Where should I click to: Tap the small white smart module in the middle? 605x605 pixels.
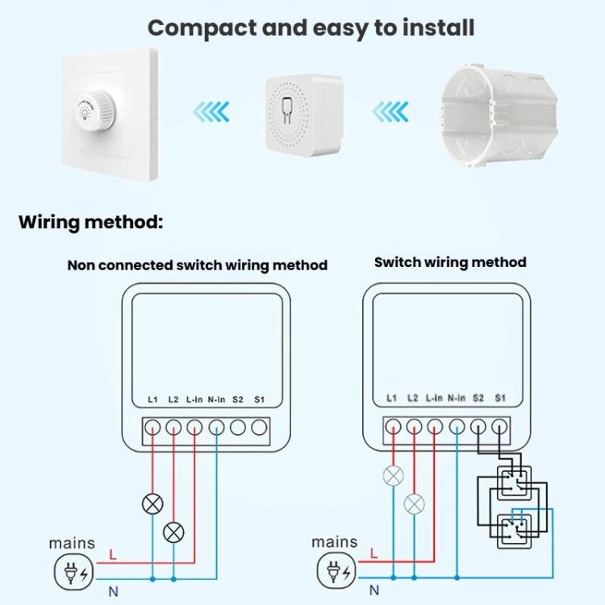pos(304,112)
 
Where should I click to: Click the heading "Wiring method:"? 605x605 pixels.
pos(90,222)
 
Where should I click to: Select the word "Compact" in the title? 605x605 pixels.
pos(202,28)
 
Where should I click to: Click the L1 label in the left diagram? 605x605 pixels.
pos(153,399)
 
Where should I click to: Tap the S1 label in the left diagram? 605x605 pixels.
pos(259,399)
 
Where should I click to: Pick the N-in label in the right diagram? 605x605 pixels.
pos(457,398)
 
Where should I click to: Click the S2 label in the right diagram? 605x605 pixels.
pos(478,398)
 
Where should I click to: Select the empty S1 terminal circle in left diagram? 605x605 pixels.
pos(258,428)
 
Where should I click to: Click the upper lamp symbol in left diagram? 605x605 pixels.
pos(152,505)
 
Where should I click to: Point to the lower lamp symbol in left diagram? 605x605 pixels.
pos(173,533)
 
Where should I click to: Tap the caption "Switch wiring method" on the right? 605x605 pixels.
pos(450,262)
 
